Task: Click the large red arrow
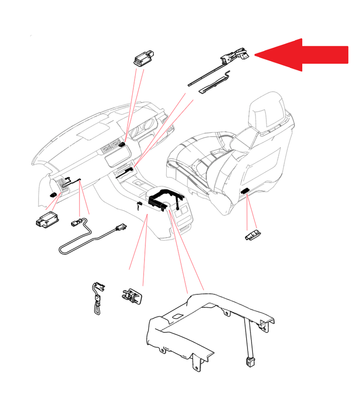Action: (306, 55)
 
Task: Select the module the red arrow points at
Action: (236, 55)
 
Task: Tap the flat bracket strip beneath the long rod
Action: (215, 84)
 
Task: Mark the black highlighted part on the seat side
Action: (245, 191)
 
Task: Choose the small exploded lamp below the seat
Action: (253, 235)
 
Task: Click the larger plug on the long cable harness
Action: (118, 228)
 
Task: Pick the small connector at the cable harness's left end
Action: (76, 223)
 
